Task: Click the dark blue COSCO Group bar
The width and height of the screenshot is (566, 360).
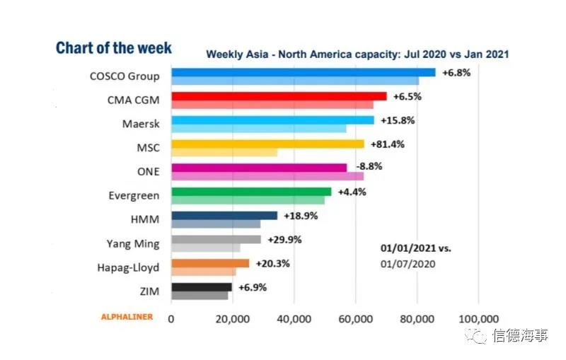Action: (303, 72)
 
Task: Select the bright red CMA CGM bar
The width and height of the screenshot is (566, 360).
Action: (279, 96)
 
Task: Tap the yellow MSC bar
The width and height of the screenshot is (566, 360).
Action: (267, 144)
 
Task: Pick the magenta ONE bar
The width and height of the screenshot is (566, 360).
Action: (259, 168)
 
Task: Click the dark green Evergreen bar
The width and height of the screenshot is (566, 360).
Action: (251, 192)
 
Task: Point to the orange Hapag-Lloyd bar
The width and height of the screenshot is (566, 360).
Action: (210, 263)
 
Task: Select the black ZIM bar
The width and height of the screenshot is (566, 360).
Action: (202, 287)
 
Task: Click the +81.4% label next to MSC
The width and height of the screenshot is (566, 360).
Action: (385, 144)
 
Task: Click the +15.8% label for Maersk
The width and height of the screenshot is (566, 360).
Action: (398, 120)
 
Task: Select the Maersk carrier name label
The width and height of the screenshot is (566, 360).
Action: (140, 124)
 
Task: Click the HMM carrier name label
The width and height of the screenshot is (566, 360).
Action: (145, 219)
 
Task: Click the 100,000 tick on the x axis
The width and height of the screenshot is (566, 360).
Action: (478, 318)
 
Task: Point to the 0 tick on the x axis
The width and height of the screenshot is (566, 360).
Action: (171, 318)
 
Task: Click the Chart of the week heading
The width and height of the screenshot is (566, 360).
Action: (113, 48)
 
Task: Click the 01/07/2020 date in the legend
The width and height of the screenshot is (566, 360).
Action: (406, 263)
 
